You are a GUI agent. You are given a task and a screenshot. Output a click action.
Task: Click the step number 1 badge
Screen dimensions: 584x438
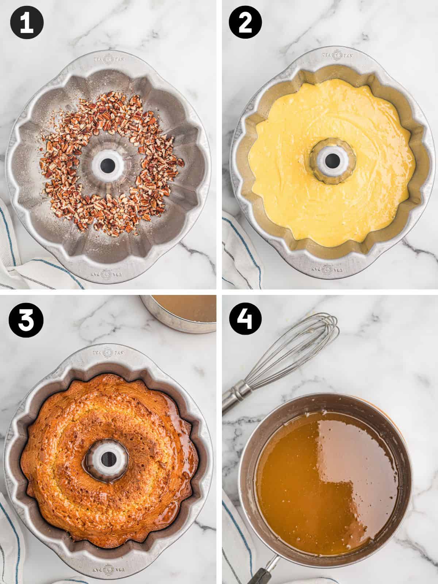[27, 23]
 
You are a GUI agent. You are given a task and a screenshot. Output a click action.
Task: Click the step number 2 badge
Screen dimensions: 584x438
[245, 23]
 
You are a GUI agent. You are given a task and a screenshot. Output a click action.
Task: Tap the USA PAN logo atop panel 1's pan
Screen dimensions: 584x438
[108, 57]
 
